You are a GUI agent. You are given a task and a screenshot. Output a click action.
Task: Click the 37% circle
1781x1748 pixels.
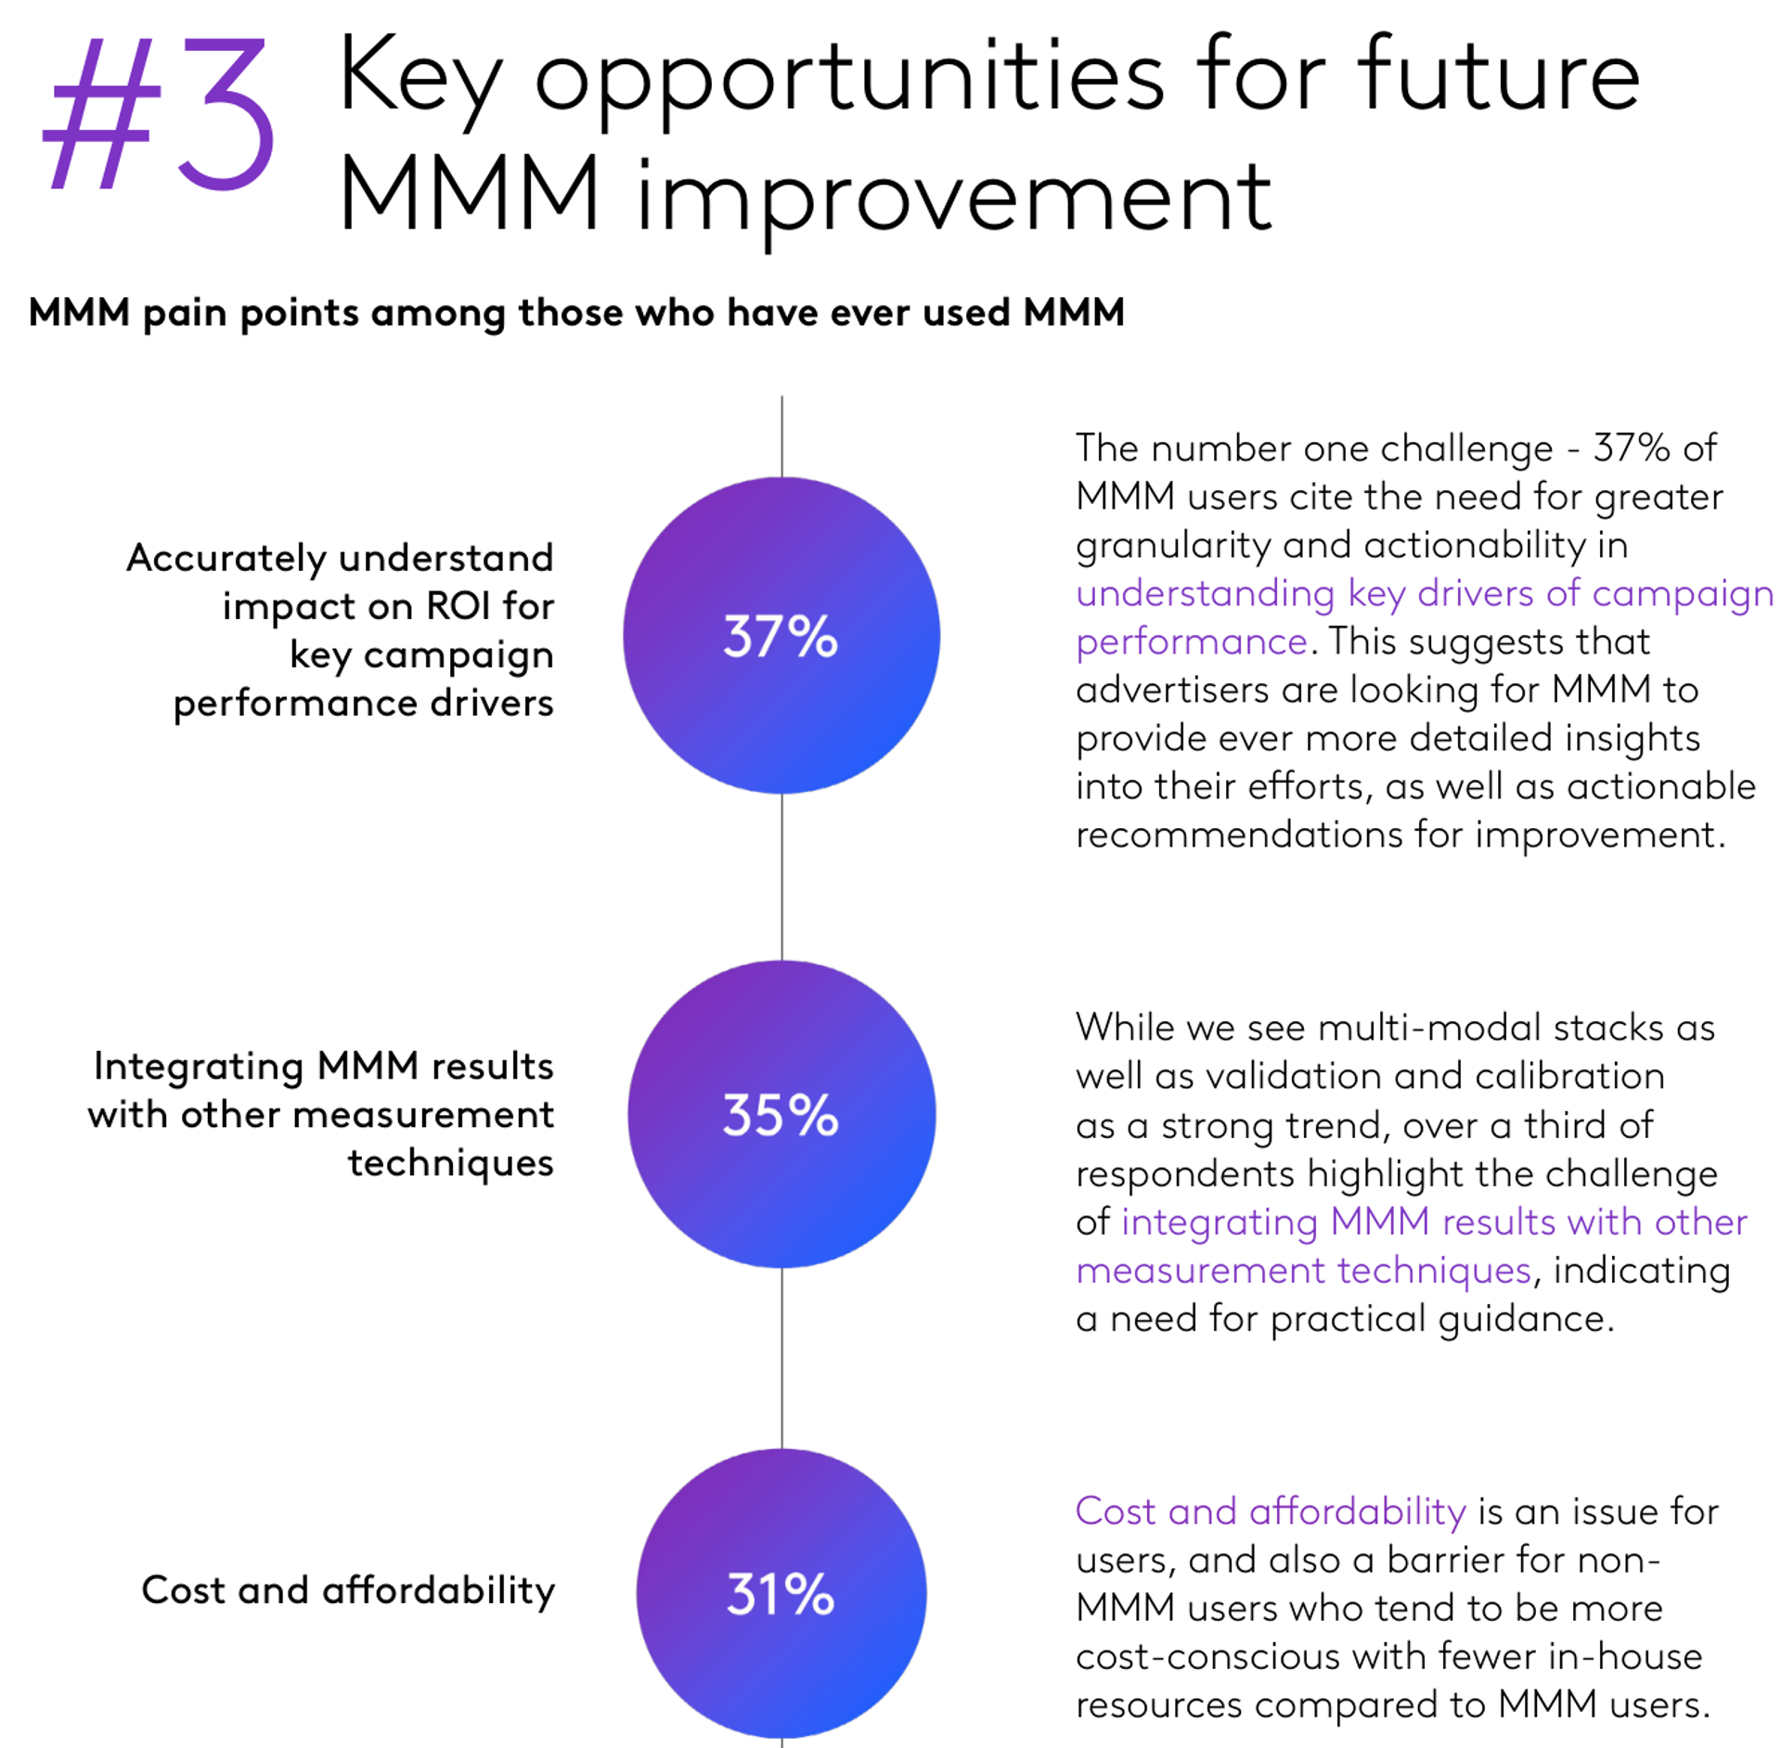781,636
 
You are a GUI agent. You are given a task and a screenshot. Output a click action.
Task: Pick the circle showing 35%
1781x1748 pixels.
781,1114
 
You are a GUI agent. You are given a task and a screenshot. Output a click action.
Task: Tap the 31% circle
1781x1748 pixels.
781,1593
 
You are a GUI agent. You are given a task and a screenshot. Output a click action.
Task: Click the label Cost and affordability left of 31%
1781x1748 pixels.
348,1590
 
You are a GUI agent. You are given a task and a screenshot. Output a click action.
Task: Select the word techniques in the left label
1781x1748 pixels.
451,1162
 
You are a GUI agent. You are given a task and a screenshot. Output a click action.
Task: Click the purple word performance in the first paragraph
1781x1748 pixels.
1192,641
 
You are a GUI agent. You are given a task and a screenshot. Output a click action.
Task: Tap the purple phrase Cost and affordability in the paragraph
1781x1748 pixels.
1271,1511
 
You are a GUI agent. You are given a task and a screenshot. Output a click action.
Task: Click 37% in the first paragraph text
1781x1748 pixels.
1632,448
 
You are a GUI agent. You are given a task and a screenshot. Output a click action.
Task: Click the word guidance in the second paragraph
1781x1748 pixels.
1524,1318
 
